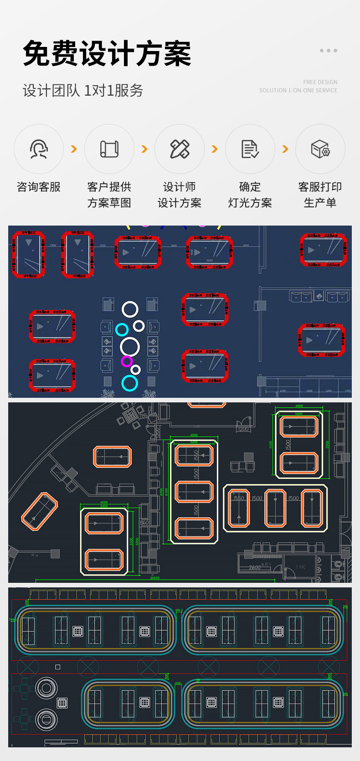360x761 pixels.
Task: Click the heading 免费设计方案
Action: pos(107,54)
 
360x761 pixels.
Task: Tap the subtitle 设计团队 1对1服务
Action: pos(83,90)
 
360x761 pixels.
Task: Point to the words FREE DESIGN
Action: pos(320,82)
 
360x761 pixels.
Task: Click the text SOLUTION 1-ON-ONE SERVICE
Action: pos(298,90)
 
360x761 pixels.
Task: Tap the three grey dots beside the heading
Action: pos(328,51)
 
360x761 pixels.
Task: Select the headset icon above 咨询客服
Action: pos(39,149)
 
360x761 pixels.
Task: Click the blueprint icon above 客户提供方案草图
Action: pos(109,149)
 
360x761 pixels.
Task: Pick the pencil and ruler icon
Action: pos(180,149)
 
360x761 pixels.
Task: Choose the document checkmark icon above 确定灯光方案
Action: pos(250,149)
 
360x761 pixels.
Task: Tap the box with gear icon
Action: pos(320,149)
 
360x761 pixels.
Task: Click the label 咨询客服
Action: pos(39,187)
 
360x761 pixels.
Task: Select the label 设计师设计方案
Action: pos(180,195)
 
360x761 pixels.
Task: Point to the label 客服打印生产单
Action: pos(320,195)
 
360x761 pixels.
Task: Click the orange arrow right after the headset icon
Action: pos(74,149)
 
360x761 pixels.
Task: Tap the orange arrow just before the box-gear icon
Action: pos(285,149)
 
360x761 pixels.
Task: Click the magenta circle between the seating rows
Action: pos(127,361)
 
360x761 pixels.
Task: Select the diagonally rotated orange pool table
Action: pos(40,511)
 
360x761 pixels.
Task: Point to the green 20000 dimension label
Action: pos(155,578)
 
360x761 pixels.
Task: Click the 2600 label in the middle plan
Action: pos(255,567)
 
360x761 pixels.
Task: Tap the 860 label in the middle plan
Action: pos(144,523)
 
